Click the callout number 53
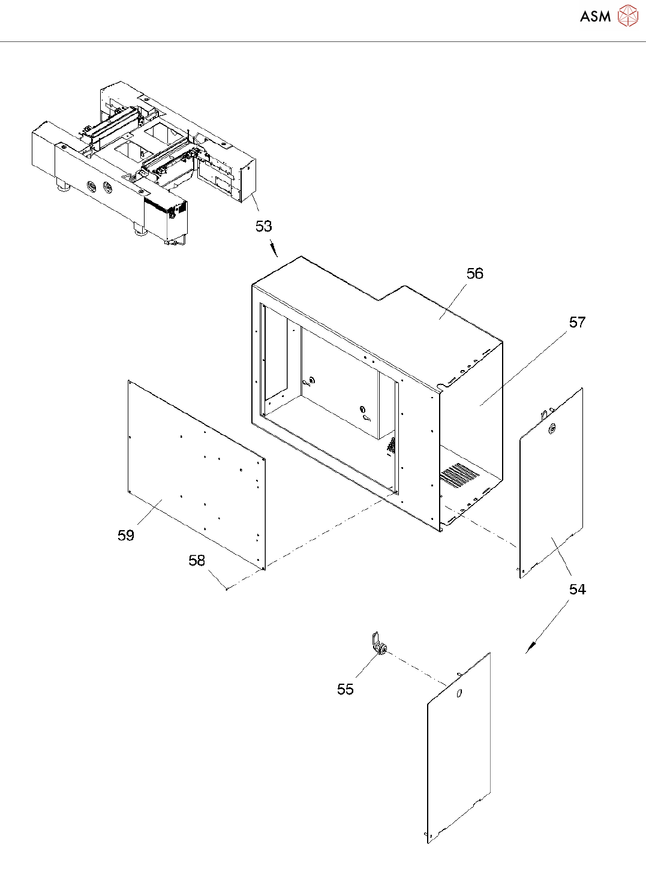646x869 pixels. tap(264, 226)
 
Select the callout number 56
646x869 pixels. tap(474, 273)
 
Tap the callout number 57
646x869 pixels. tap(577, 322)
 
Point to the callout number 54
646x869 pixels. tap(577, 590)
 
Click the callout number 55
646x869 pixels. tap(345, 689)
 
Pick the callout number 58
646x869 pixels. tap(197, 560)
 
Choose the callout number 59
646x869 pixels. tap(126, 535)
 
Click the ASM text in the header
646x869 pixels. tap(595, 17)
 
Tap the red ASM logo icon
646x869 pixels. tap(627, 16)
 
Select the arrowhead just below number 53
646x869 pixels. tap(275, 251)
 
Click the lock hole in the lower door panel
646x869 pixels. tap(459, 693)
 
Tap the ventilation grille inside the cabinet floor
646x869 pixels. tap(459, 474)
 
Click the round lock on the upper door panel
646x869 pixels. tap(552, 428)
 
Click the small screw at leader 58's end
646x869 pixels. tap(227, 588)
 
